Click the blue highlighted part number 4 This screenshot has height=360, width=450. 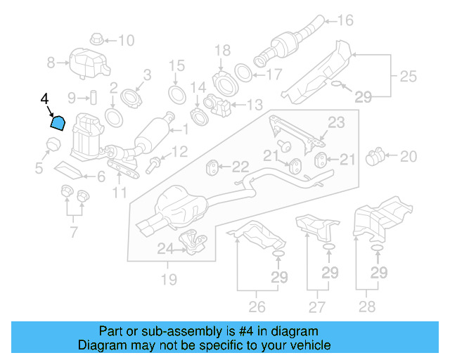pyautogui.click(x=58, y=124)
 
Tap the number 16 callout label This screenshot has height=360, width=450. pyautogui.click(x=345, y=20)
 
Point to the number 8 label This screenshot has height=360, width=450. pyautogui.click(x=51, y=63)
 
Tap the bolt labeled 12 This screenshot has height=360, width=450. pyautogui.click(x=155, y=165)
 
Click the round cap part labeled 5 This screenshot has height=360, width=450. pyautogui.click(x=51, y=146)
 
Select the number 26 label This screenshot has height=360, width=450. pyautogui.click(x=257, y=307)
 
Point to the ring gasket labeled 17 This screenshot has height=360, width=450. pyautogui.click(x=241, y=72)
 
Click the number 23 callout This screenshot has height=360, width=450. pyautogui.click(x=336, y=123)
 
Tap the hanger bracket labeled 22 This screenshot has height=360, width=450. pyautogui.click(x=211, y=167)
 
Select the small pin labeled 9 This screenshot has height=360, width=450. pyautogui.click(x=91, y=96)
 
